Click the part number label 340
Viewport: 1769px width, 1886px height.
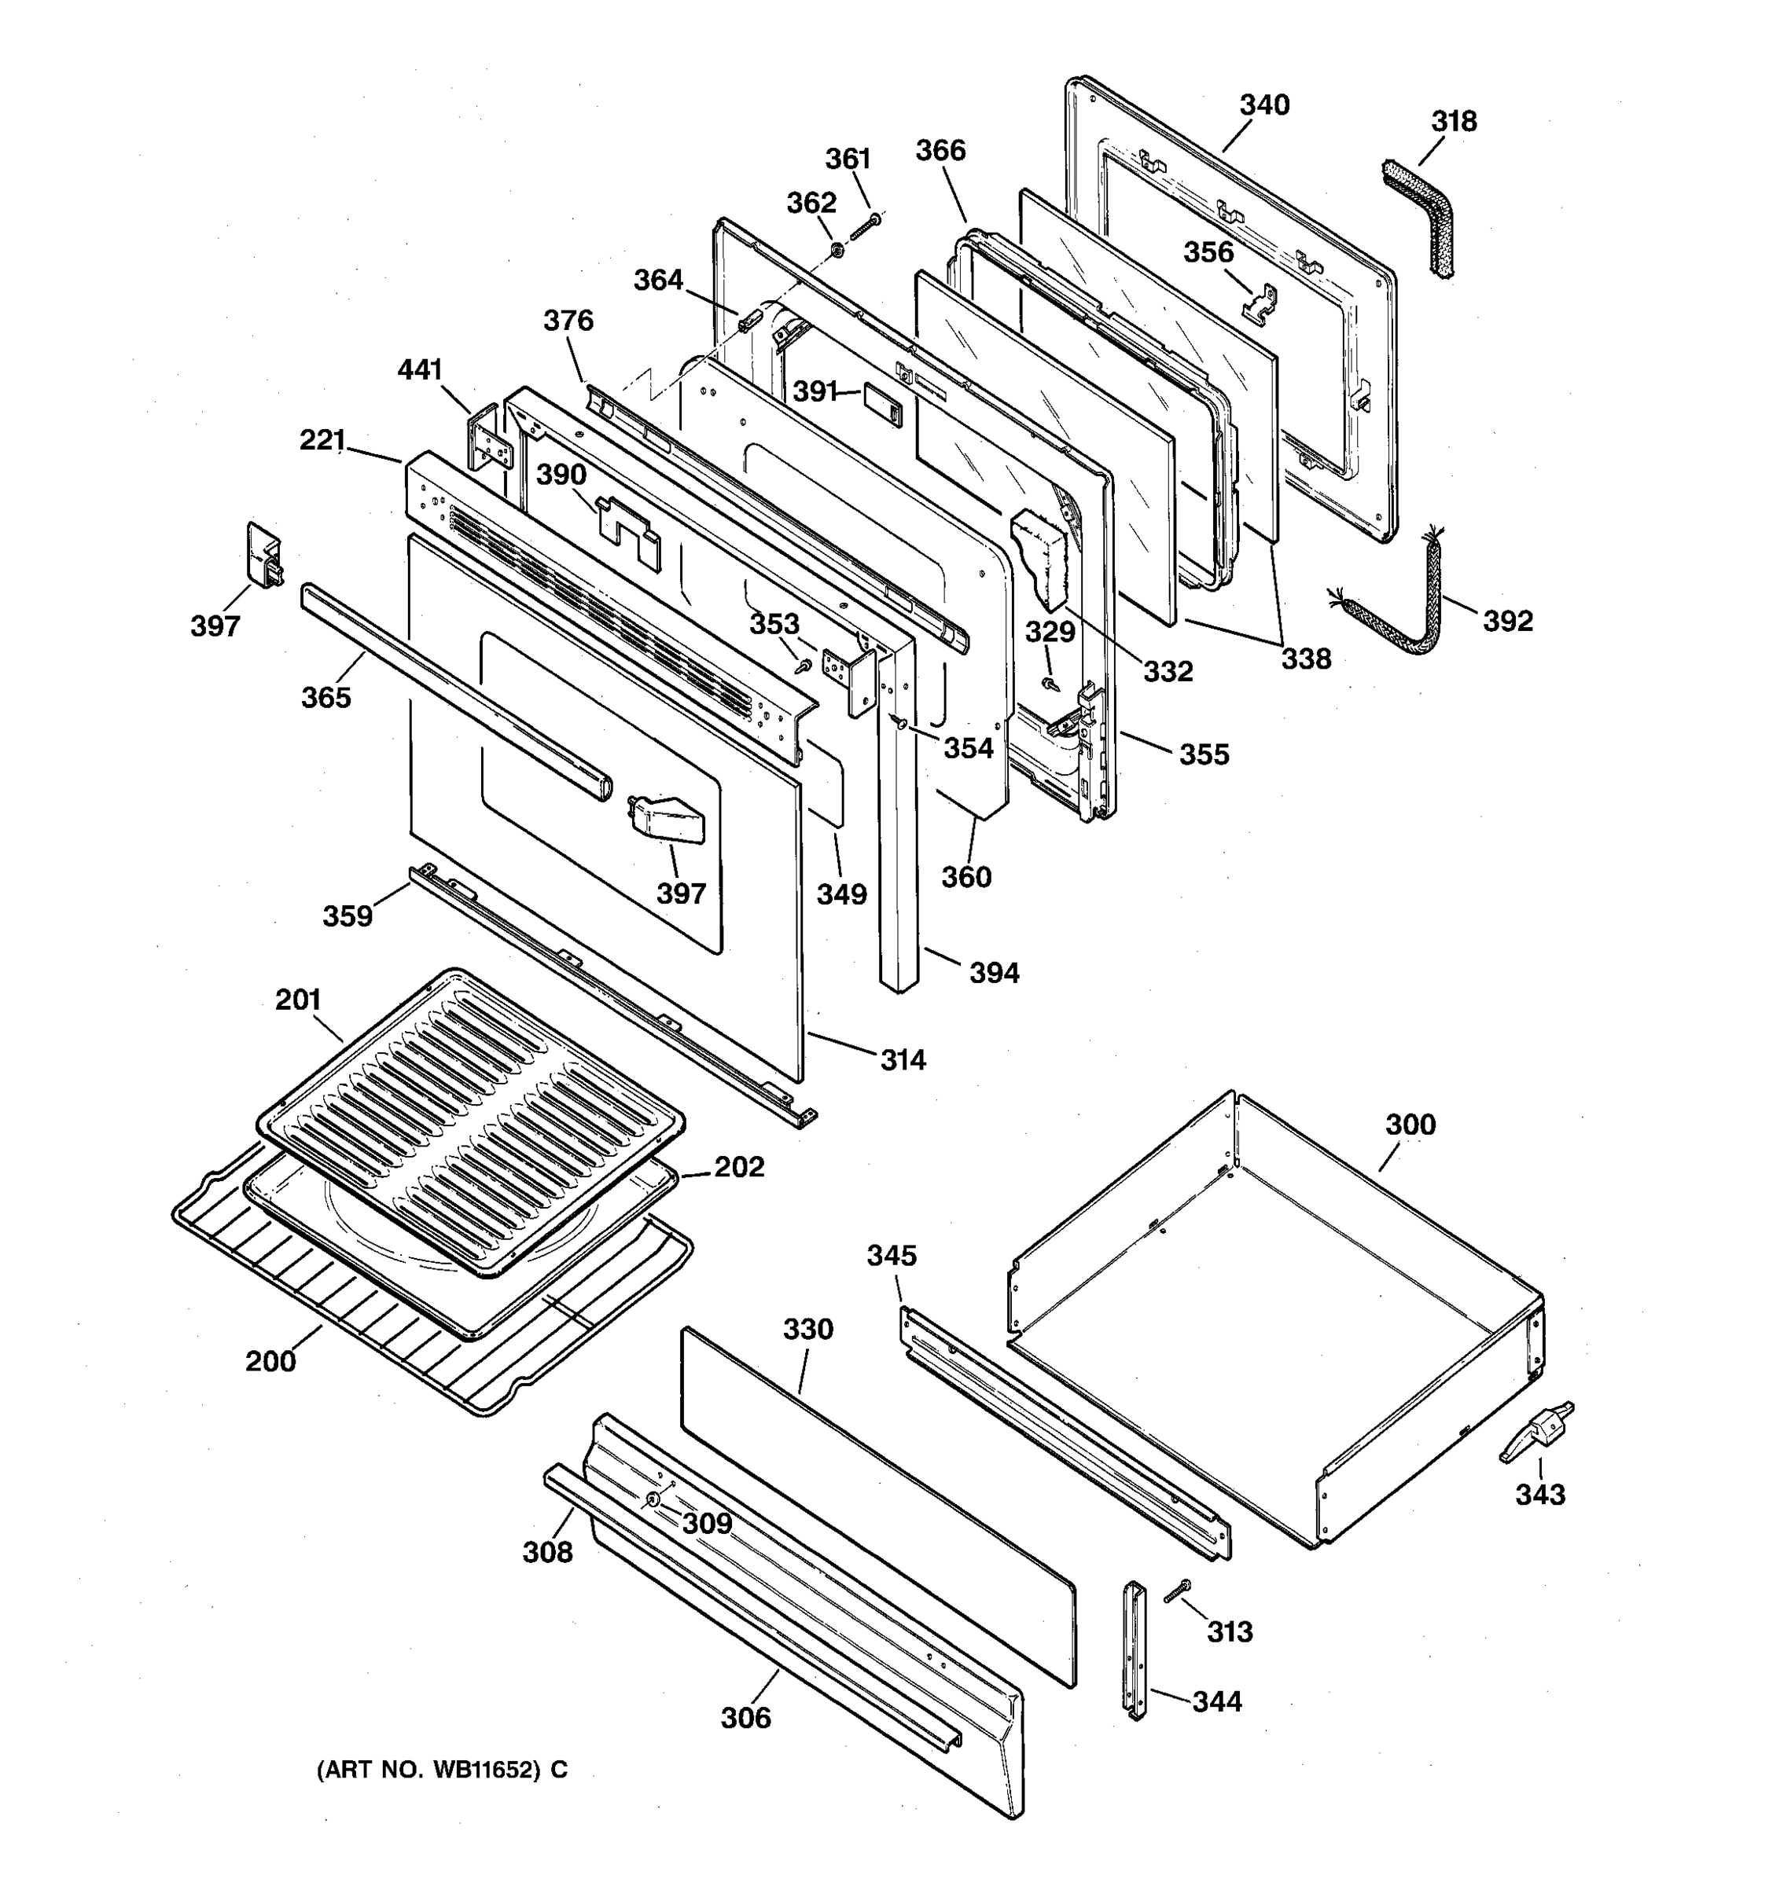(x=1264, y=105)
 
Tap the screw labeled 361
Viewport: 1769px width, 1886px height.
(x=866, y=228)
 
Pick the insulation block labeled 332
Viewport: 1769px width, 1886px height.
(x=1041, y=559)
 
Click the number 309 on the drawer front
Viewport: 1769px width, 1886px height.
(x=707, y=1524)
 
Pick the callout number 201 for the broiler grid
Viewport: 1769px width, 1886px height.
(x=298, y=1000)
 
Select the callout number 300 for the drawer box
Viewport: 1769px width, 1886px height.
(x=1410, y=1125)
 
